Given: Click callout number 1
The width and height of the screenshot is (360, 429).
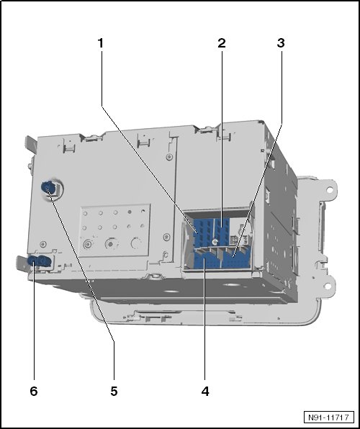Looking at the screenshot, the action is point(101,43).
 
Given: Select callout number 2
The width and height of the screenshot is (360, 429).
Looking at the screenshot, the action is point(222,43).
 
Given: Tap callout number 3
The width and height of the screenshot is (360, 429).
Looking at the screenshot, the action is point(281,43).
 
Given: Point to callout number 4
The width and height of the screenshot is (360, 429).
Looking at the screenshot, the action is point(205,392).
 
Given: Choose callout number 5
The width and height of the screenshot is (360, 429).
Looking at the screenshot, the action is point(114,392).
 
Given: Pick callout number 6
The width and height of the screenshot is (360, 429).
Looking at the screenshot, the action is point(34,392).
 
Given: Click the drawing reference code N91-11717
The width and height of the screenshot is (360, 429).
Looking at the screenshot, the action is point(328,417).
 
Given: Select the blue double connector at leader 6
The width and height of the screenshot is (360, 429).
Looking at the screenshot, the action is point(40,261).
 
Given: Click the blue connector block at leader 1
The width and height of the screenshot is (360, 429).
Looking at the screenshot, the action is point(202,232).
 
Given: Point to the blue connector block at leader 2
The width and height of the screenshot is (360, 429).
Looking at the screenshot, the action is point(222,230).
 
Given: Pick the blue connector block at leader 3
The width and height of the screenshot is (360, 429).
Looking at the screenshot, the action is point(236,259).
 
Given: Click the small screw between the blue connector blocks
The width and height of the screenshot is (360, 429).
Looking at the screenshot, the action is point(215,242).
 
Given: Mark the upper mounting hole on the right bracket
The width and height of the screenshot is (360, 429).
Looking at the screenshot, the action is point(330,189).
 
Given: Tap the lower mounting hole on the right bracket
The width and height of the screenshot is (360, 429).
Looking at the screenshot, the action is point(327,286).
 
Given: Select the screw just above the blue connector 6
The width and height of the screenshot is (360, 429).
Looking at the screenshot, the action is point(43,244).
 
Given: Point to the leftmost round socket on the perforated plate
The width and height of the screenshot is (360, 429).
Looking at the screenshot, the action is point(88,244).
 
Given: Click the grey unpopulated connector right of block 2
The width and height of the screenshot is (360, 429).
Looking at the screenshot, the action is point(240,238).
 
